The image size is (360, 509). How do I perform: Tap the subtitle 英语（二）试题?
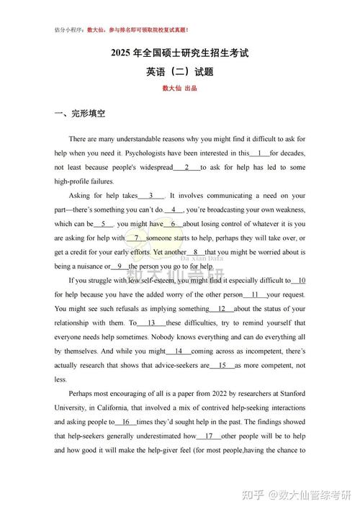(x=179, y=72)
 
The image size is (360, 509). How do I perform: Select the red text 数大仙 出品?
(x=179, y=89)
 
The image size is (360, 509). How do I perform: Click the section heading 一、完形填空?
(x=80, y=113)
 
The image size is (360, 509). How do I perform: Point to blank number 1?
(x=259, y=153)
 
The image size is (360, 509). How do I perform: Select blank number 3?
(x=152, y=195)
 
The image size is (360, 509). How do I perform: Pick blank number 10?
(x=300, y=280)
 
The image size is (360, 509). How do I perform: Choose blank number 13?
(x=151, y=323)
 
